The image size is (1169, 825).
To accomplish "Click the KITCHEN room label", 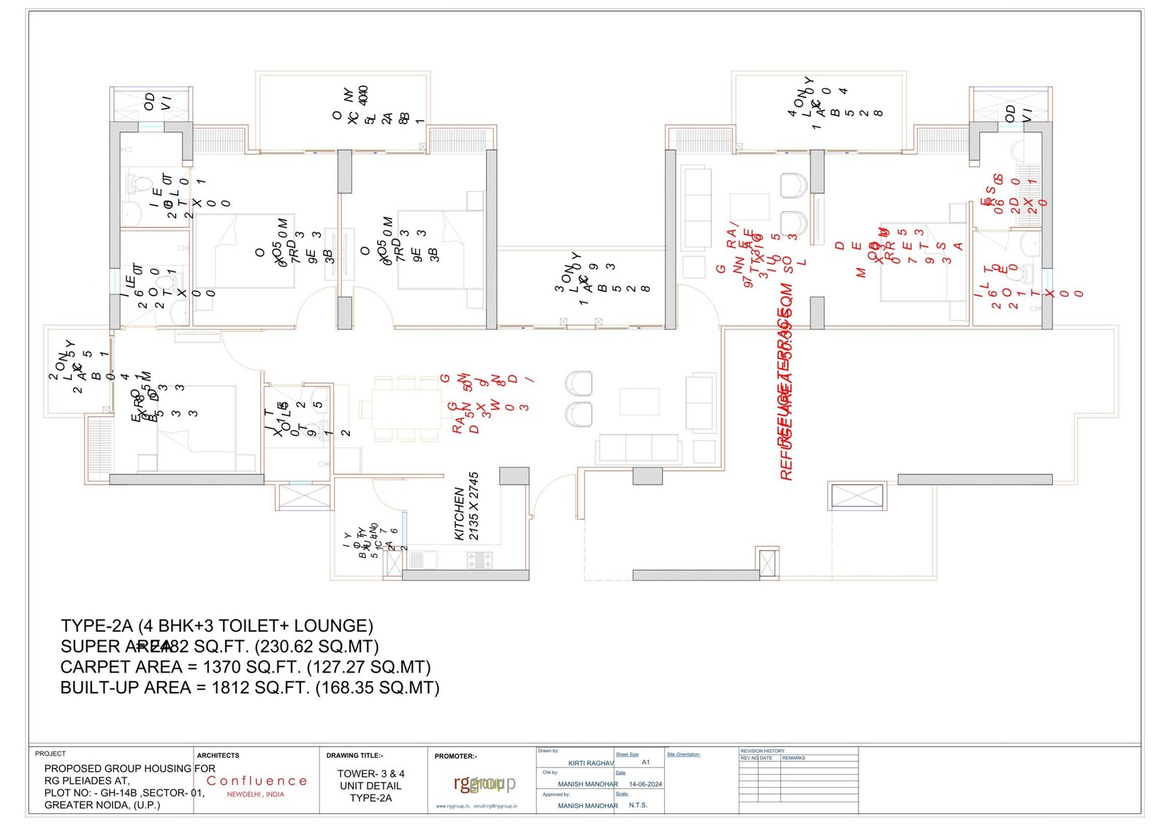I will [460, 514].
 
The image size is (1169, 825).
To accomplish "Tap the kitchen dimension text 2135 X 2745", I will [473, 506].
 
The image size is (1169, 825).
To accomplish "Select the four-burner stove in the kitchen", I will [479, 560].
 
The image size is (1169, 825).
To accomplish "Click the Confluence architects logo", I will [256, 781].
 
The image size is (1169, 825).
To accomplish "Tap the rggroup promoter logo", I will [484, 783].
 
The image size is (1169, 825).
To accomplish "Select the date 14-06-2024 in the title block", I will [645, 784].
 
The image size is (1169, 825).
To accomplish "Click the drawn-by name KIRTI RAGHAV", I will [590, 763].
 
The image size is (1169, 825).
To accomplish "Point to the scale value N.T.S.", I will [638, 805].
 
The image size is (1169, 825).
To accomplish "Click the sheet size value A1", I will [646, 762].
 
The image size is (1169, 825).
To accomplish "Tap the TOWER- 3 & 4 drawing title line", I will [370, 774].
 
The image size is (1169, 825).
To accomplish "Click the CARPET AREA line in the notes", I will [245, 667].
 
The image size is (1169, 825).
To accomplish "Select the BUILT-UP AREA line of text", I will [250, 688].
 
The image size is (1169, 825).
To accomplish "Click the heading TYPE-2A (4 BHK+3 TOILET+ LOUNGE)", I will [217, 626].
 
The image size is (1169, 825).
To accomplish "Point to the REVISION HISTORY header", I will [762, 751].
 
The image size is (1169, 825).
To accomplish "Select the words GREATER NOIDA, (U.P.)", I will [102, 805].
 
